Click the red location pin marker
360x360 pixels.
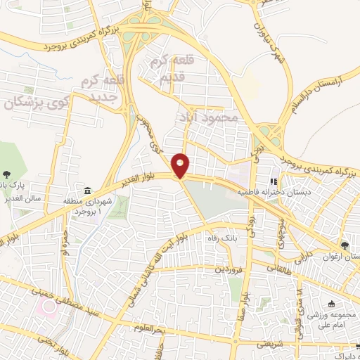pyautogui.click(x=181, y=165)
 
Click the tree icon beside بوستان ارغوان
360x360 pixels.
pyautogui.click(x=345, y=245)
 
